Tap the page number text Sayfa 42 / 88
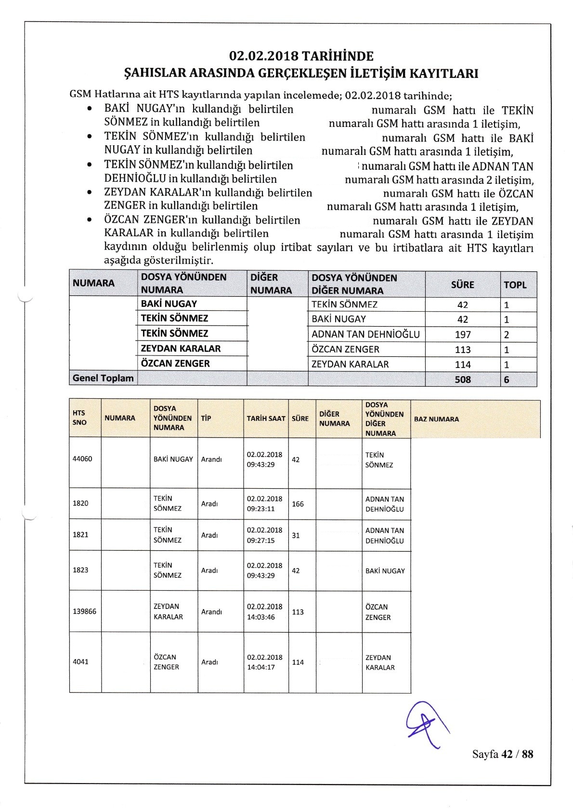tap(503, 754)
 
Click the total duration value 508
tap(463, 380)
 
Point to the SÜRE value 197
tap(463, 334)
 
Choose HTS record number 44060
tap(82, 459)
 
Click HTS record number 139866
tap(84, 612)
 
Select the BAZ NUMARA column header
tap(436, 419)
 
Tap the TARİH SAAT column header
tap(266, 418)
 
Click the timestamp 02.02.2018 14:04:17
tap(264, 662)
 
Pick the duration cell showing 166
tap(298, 504)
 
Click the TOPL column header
tap(515, 285)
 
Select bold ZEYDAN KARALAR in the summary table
tap(181, 348)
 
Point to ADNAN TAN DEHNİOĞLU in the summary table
tap(365, 334)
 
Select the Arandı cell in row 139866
tap(211, 612)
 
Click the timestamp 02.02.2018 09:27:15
tap(264, 535)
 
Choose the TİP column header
tap(206, 418)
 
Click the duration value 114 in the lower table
tap(298, 662)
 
